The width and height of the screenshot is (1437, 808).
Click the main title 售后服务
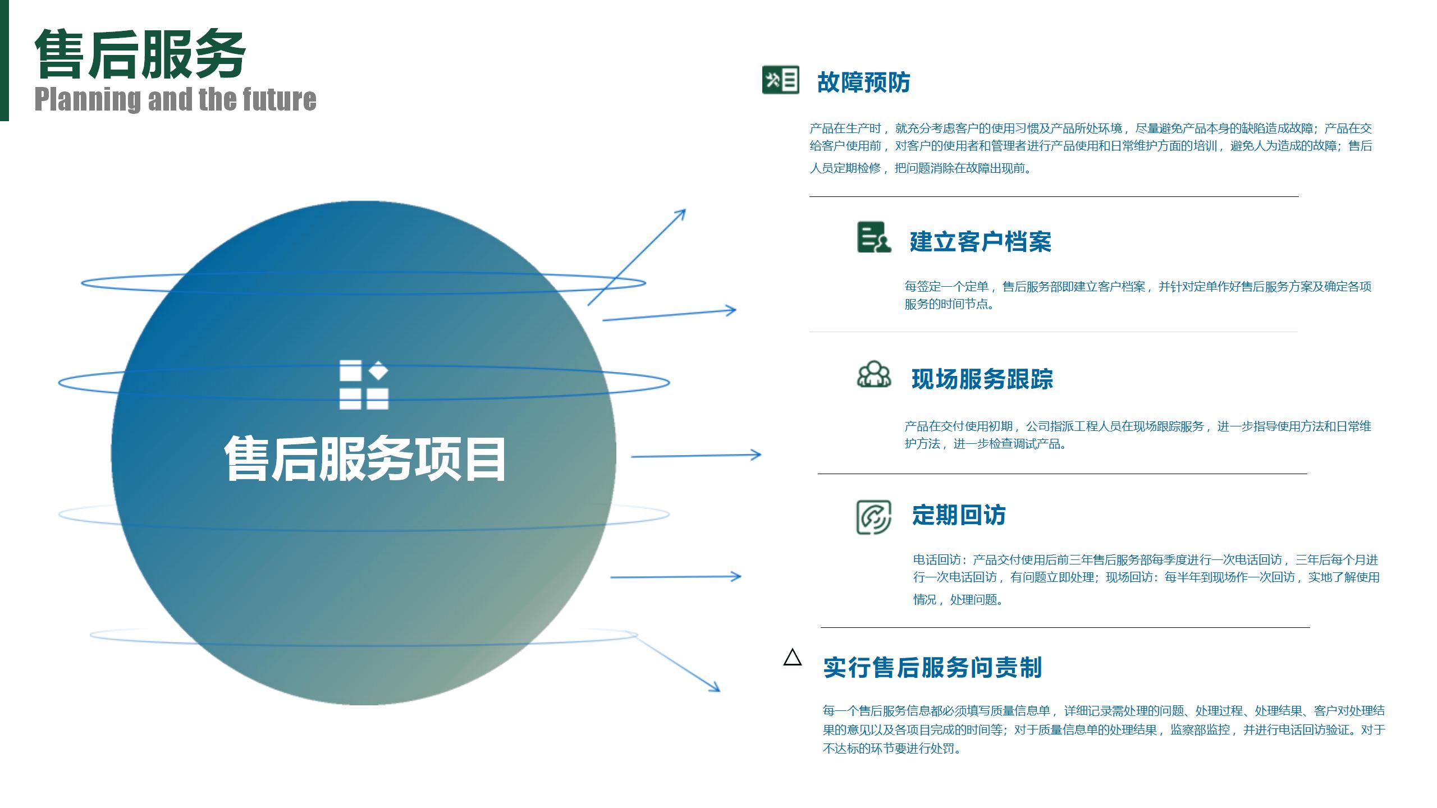[140, 54]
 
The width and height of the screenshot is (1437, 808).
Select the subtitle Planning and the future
[175, 99]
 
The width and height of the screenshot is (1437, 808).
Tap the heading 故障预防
[863, 82]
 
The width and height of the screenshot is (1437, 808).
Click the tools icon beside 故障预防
[780, 80]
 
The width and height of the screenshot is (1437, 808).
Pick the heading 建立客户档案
[980, 242]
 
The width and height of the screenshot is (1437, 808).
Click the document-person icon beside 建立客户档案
[874, 237]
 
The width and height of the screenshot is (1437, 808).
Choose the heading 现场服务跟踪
[982, 379]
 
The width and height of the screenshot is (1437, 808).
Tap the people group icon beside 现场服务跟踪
[874, 374]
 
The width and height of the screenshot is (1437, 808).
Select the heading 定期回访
[959, 515]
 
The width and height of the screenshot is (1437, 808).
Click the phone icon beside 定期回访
[874, 517]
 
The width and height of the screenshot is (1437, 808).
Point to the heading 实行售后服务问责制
[932, 668]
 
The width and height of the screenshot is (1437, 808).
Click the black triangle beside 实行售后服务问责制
[793, 657]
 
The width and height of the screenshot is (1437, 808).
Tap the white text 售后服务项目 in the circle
[365, 459]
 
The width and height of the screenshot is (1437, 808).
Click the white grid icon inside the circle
[364, 385]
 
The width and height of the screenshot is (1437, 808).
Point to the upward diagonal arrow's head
[681, 213]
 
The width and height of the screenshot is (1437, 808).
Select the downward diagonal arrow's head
[715, 688]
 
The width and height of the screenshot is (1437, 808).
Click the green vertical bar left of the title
[4, 61]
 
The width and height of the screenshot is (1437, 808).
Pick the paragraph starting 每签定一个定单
[1138, 295]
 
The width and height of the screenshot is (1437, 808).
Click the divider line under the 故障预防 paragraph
[1054, 196]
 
